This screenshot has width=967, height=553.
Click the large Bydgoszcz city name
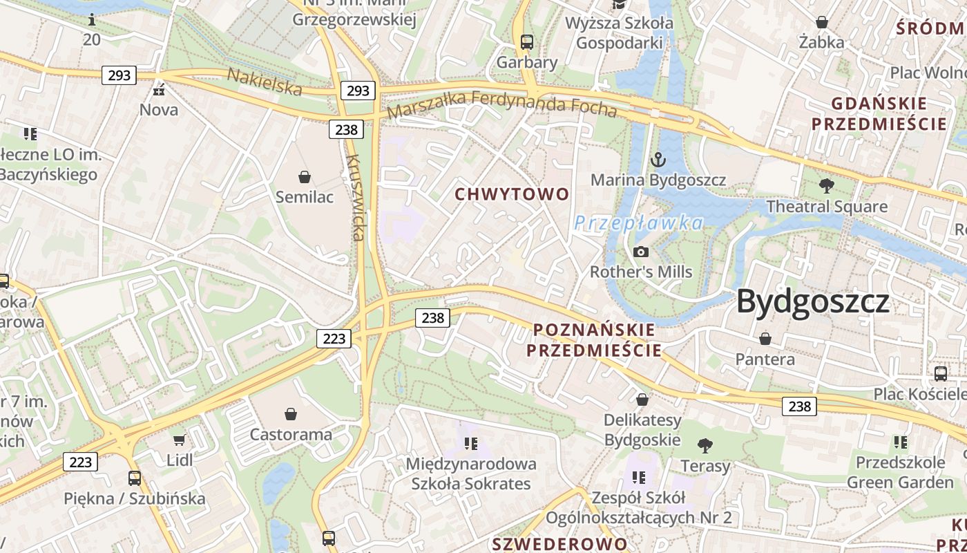[x=812, y=302]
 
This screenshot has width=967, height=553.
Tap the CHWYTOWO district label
[x=512, y=194]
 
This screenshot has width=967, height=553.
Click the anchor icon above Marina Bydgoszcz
[x=658, y=160]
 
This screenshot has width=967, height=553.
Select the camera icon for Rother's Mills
[x=640, y=252]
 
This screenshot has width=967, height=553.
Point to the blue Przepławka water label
[x=638, y=223]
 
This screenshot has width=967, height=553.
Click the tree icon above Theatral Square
[x=826, y=185]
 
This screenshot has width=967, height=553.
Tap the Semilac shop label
[x=305, y=197]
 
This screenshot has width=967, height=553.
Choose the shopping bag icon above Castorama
[x=291, y=414]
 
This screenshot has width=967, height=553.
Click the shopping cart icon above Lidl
[x=180, y=439]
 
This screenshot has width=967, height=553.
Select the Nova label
[x=159, y=110]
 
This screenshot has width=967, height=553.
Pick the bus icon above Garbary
[x=527, y=41]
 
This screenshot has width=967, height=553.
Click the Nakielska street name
[x=265, y=82]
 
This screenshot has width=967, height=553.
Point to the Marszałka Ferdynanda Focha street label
[x=502, y=103]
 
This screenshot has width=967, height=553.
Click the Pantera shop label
[x=765, y=359]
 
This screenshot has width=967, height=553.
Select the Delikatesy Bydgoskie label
[x=642, y=430]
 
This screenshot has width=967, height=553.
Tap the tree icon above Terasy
[x=705, y=445]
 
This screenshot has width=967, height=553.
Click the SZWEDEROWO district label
[x=559, y=544]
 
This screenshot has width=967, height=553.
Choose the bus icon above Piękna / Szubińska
[x=135, y=478]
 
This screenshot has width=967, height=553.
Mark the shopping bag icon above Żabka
[x=822, y=22]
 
